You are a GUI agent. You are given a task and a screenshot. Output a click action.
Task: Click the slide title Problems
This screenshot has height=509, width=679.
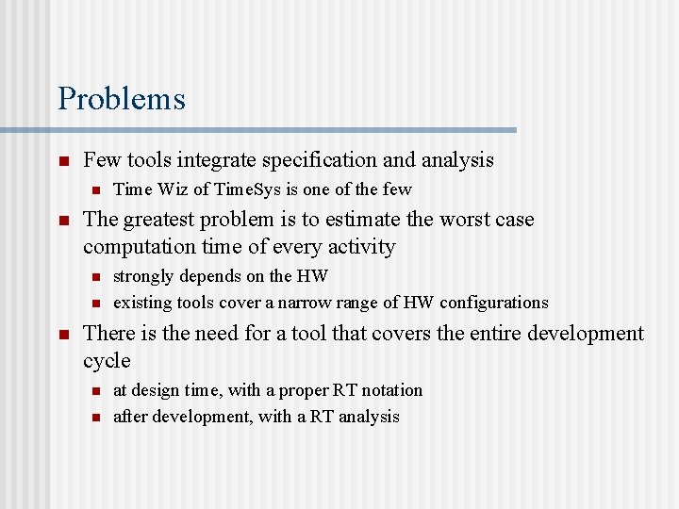[x=122, y=98]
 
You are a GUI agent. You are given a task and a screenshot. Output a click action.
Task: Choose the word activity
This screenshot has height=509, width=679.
[x=359, y=247]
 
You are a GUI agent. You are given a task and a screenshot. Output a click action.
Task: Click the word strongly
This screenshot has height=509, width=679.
[x=142, y=276]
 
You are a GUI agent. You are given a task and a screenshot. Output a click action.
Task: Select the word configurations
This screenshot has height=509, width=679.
[x=491, y=303]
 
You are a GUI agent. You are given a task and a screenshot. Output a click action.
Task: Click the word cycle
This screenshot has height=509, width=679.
[x=107, y=361]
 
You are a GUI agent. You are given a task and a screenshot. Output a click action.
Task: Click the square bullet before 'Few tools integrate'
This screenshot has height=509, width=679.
[x=62, y=162]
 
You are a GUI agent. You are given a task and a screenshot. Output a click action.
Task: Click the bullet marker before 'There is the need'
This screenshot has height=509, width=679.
[x=62, y=335]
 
